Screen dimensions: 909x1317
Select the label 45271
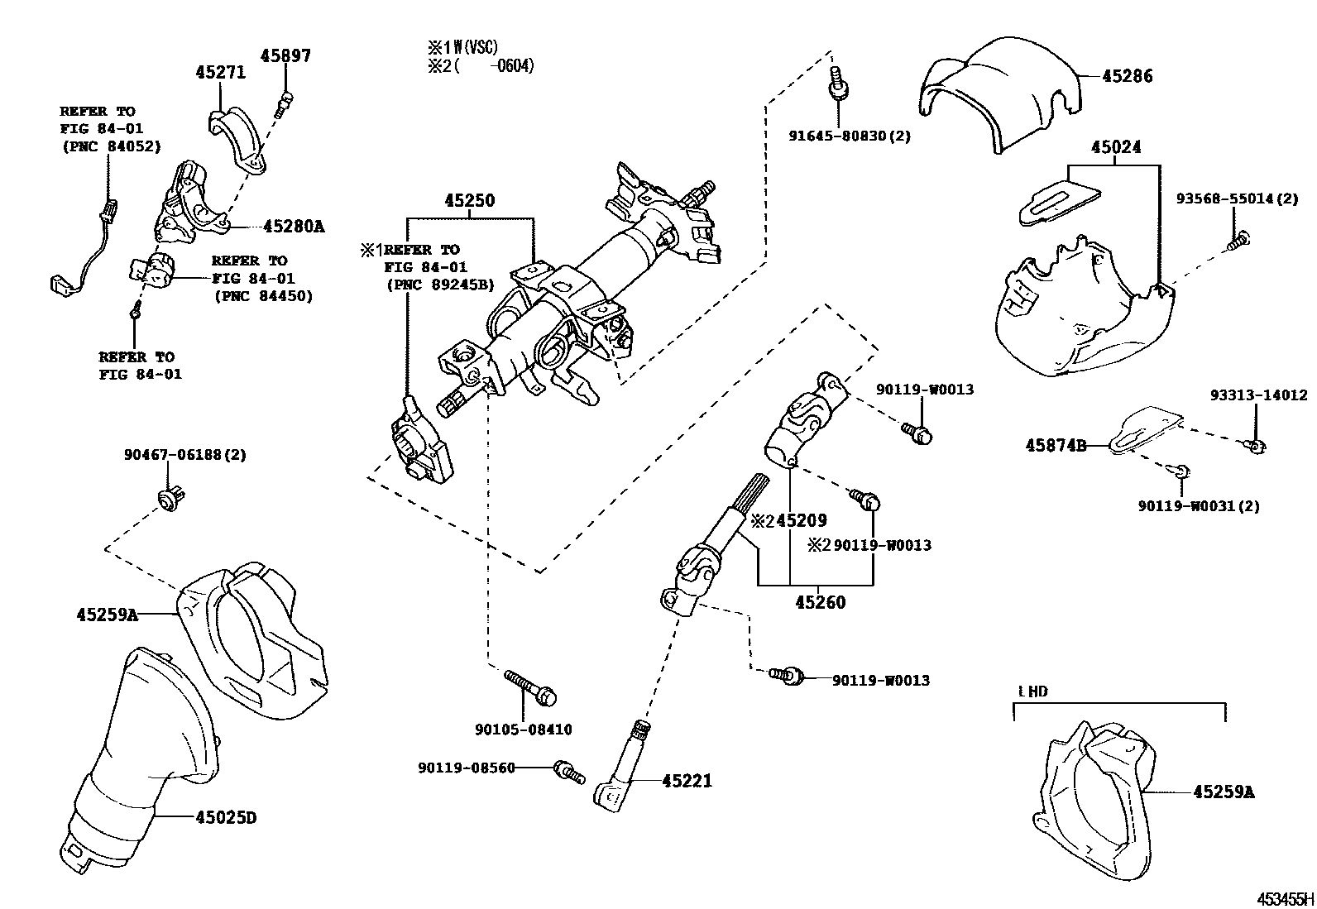tap(221, 72)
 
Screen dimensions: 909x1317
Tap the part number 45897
tap(285, 56)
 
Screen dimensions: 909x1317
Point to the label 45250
tap(469, 200)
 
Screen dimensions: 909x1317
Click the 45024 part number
tap(1115, 147)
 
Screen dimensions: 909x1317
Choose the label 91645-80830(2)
tap(849, 136)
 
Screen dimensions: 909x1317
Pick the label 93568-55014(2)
tap(1237, 199)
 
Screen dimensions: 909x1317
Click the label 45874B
tap(1056, 445)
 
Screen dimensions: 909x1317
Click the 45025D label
tap(226, 818)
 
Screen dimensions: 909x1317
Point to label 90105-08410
tap(523, 730)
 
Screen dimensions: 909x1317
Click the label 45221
tap(687, 780)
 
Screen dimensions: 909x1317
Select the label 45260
tap(821, 602)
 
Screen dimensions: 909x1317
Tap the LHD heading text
tap(1032, 691)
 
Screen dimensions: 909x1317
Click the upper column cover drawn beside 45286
tap(1001, 95)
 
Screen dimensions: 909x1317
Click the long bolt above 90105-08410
tap(529, 687)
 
